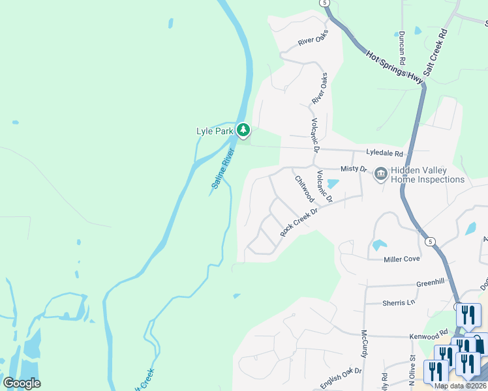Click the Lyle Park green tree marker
pyautogui.click(x=243, y=130)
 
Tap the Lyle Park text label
pyautogui.click(x=215, y=131)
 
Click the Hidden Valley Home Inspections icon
pyautogui.click(x=380, y=174)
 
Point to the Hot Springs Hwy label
pyautogui.click(x=394, y=67)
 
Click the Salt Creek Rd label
pyautogui.click(x=435, y=53)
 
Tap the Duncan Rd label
pyautogui.click(x=403, y=47)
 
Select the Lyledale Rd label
pyautogui.click(x=385, y=154)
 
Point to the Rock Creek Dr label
pyautogui.click(x=298, y=222)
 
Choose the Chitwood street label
pyautogui.click(x=303, y=188)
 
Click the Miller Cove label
pyautogui.click(x=402, y=259)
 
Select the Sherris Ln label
pyautogui.click(x=399, y=303)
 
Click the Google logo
pyautogui.click(x=22, y=383)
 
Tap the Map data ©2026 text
pyautogui.click(x=459, y=386)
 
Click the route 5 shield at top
pyautogui.click(x=324, y=3)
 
